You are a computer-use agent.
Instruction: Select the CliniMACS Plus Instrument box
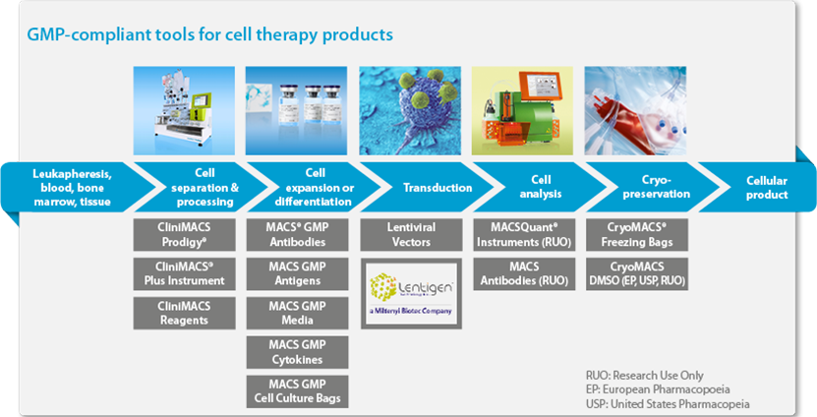(x=183, y=273)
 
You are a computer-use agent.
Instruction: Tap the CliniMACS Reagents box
(x=183, y=313)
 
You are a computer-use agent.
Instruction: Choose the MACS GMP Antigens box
(x=296, y=273)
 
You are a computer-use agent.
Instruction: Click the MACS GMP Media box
(x=296, y=313)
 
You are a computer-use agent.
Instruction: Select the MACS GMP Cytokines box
(x=296, y=352)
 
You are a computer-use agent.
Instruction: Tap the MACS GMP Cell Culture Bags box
(x=296, y=390)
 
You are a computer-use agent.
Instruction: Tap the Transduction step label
(x=426, y=188)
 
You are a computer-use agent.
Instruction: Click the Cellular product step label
(x=766, y=188)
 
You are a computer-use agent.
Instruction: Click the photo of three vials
(x=296, y=105)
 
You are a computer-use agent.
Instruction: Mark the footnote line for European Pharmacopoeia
(x=653, y=388)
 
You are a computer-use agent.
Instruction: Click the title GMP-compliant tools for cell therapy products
(x=210, y=34)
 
